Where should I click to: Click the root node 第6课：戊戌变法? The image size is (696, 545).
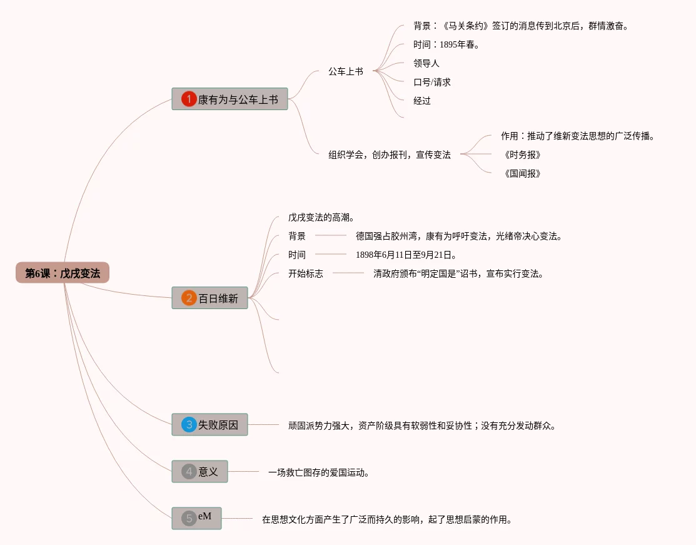pos(63,273)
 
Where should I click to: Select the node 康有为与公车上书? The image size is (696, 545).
pos(229,99)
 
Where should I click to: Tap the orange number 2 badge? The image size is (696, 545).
pos(189,298)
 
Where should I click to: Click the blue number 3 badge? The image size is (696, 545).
pos(189,424)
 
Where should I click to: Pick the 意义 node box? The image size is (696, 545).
pos(199,471)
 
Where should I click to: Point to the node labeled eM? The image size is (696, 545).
pos(196,518)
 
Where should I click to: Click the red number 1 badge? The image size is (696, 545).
pos(189,99)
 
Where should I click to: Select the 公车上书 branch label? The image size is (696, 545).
pos(346,71)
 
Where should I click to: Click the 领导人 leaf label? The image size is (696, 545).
pos(426,63)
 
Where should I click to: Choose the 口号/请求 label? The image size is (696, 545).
pos(432,82)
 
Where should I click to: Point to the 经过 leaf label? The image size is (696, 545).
pos(422,101)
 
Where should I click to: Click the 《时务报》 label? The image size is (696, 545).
pos(522,155)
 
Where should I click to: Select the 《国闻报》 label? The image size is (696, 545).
pos(522,173)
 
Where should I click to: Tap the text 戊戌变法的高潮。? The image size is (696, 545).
pos(321,217)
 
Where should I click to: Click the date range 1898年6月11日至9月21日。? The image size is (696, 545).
pos(406,255)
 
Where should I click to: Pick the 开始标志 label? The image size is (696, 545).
pos(306,273)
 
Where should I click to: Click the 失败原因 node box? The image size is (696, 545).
pos(209,424)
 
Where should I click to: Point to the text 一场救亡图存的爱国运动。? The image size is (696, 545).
pos(318,472)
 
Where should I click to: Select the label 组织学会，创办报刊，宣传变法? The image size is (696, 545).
pos(390,155)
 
